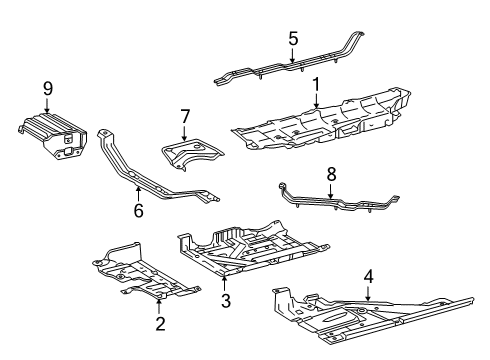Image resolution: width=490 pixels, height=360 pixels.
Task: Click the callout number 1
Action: click(x=316, y=84)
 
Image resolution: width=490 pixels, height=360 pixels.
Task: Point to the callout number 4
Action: click(x=368, y=275)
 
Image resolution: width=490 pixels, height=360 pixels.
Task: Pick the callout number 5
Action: click(x=292, y=39)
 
